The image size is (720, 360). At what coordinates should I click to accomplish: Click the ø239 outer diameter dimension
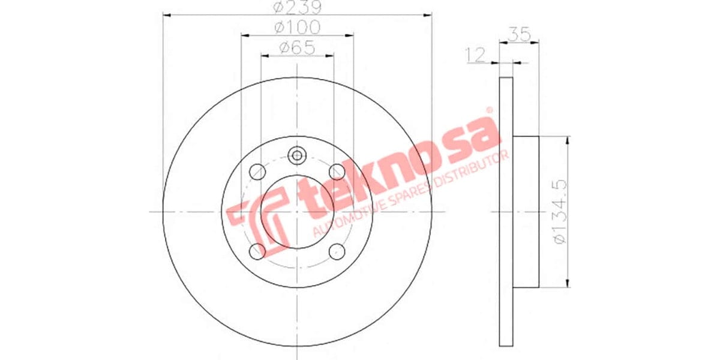297,8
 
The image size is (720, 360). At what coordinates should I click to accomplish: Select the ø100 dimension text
297,28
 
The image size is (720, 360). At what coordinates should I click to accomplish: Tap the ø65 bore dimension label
297,47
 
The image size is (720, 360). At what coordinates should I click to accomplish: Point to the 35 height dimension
520,34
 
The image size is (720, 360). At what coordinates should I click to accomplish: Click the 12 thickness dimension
475,56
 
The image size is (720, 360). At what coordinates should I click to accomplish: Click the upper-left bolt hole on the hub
257,172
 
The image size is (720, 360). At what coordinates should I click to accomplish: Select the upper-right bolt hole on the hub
337,172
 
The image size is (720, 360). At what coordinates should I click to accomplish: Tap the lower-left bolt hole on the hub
257,251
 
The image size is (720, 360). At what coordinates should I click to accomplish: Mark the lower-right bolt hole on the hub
337,251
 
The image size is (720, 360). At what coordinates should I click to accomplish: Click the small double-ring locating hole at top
297,155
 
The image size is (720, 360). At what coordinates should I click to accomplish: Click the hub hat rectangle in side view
526,212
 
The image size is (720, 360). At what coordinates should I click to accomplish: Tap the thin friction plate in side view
506,212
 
